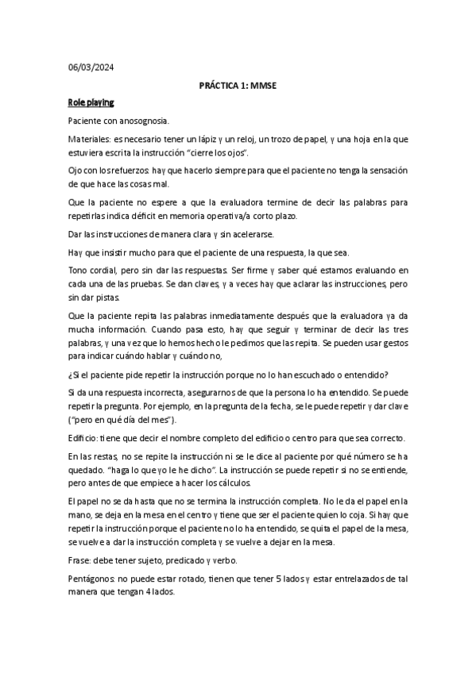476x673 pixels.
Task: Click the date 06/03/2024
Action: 91,67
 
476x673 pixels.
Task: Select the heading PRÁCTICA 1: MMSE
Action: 238,85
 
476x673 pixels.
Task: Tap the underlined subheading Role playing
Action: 91,102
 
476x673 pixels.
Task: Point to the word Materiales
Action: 89,139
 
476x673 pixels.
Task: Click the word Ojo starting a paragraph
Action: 76,170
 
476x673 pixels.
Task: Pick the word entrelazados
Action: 338,579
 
